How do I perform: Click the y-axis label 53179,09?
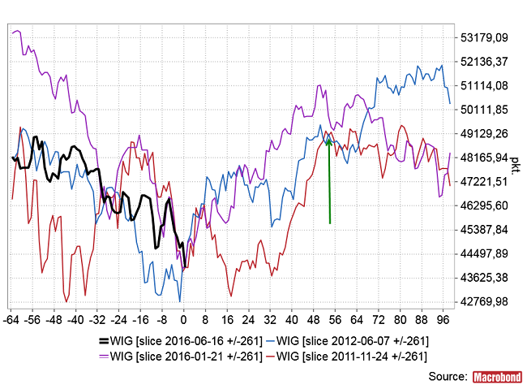pos(484,37)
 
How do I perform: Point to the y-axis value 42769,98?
pos(484,301)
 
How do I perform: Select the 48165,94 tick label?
pos(484,158)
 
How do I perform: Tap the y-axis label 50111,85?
pos(484,110)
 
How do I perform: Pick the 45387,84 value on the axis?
pos(484,229)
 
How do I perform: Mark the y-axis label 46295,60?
pos(484,205)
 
